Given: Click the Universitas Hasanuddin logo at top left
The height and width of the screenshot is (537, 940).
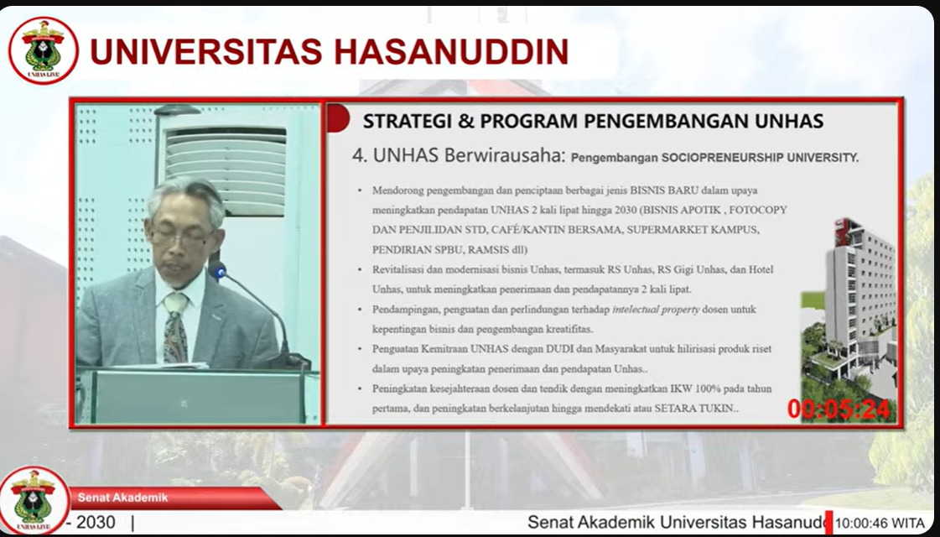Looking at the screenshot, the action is point(43,50).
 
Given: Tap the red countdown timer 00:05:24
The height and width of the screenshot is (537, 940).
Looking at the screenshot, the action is point(839,409).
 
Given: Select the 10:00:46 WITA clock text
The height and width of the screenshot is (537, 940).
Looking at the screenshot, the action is point(880,524).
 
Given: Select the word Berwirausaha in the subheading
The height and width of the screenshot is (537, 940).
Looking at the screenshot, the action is point(505,156).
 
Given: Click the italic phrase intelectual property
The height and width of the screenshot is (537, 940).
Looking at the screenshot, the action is point(656,310).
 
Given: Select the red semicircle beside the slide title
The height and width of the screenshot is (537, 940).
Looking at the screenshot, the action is point(338,117).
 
